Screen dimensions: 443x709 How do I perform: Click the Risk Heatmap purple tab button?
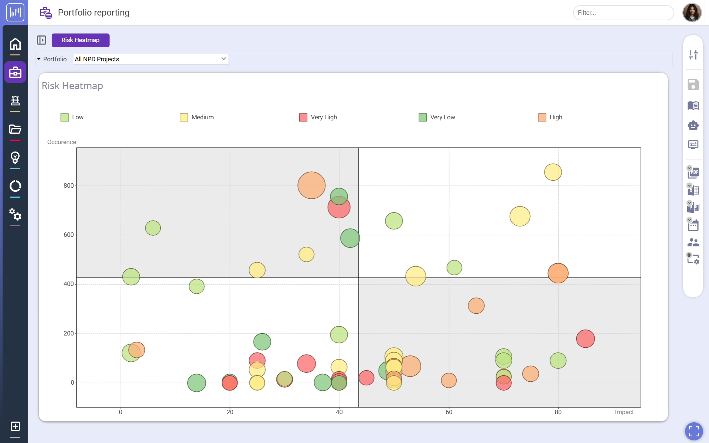[80, 40]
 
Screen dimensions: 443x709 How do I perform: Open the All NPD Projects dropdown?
[150, 59]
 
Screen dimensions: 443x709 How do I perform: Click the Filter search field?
[623, 13]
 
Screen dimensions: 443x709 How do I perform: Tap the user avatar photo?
[692, 13]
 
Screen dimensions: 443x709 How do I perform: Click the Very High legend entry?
[318, 117]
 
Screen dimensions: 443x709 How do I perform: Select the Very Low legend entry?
[437, 117]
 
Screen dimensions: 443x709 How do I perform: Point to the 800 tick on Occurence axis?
[68, 185]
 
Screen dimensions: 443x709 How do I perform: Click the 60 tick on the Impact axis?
[449, 412]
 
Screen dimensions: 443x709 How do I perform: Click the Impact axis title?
[624, 412]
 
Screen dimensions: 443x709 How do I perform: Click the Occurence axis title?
[61, 142]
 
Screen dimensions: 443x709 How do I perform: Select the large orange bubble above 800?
[311, 185]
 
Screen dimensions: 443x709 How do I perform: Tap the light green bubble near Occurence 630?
[153, 228]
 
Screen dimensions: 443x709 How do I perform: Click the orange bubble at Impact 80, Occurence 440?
[558, 273]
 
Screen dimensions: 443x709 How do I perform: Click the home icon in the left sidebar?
[15, 44]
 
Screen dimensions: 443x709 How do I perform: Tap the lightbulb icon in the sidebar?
[15, 158]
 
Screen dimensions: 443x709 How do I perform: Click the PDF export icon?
[693, 172]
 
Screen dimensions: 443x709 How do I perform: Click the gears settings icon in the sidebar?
[15, 214]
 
